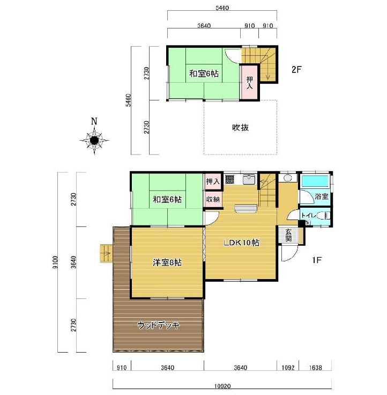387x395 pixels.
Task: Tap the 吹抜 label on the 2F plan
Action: click(x=240, y=128)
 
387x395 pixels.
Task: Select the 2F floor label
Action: click(x=296, y=70)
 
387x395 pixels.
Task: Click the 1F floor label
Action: click(x=317, y=260)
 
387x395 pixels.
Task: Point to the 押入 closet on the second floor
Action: click(x=250, y=83)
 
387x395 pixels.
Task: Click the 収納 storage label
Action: click(x=213, y=199)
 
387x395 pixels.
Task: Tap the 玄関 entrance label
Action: click(x=288, y=235)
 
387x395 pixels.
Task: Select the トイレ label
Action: click(x=309, y=216)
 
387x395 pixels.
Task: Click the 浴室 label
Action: click(x=322, y=196)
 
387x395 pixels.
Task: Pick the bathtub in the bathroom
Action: click(x=315, y=181)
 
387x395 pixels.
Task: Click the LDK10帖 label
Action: click(x=241, y=243)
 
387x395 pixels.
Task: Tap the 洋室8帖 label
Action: click(x=167, y=263)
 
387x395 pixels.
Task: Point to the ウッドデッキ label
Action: click(x=158, y=325)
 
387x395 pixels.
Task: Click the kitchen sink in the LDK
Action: click(x=249, y=179)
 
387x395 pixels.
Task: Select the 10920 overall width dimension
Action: click(x=222, y=386)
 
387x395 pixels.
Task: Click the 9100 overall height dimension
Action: click(x=56, y=262)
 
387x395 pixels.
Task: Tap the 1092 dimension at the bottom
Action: click(x=288, y=368)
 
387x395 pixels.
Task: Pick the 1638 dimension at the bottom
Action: click(x=315, y=368)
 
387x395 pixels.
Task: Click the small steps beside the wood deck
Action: click(x=106, y=253)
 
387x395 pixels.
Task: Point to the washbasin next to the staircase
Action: click(x=288, y=178)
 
